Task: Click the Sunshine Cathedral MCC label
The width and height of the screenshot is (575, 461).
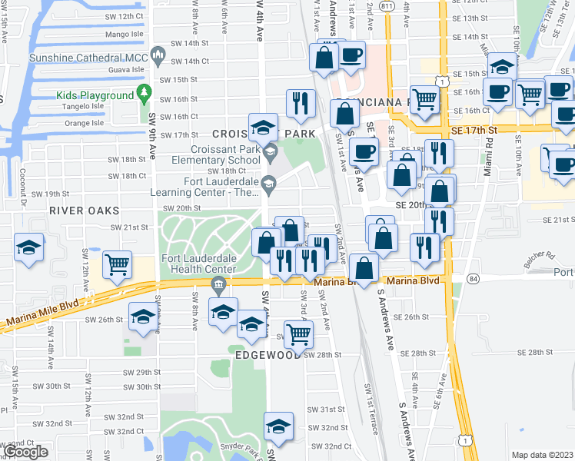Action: point(87,58)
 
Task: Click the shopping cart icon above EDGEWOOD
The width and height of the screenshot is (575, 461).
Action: point(298,332)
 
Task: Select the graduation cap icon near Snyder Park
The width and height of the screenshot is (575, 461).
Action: point(278,424)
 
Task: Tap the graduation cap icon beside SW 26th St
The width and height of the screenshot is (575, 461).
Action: point(144,317)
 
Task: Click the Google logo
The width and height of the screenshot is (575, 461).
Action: point(25,452)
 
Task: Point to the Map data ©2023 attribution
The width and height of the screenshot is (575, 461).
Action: point(542,455)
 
